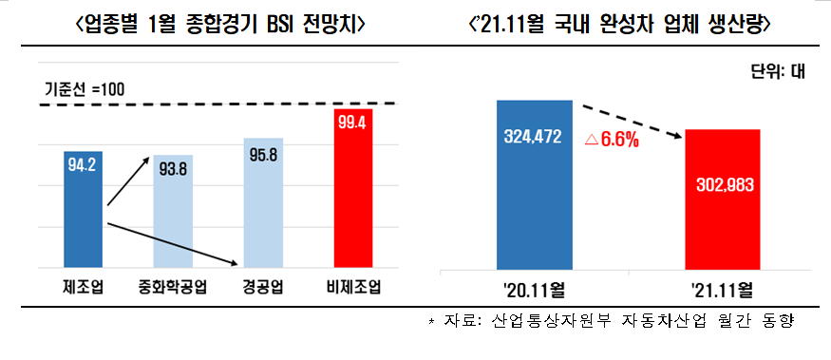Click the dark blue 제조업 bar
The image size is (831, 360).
tap(83, 209)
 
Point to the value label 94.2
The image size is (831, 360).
tap(83, 165)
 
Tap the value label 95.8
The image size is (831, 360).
tap(263, 154)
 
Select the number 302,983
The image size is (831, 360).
tap(723, 184)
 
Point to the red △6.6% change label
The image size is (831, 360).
tap(612, 141)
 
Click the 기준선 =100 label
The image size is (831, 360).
tap(85, 89)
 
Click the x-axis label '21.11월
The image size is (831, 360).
tap(723, 287)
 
